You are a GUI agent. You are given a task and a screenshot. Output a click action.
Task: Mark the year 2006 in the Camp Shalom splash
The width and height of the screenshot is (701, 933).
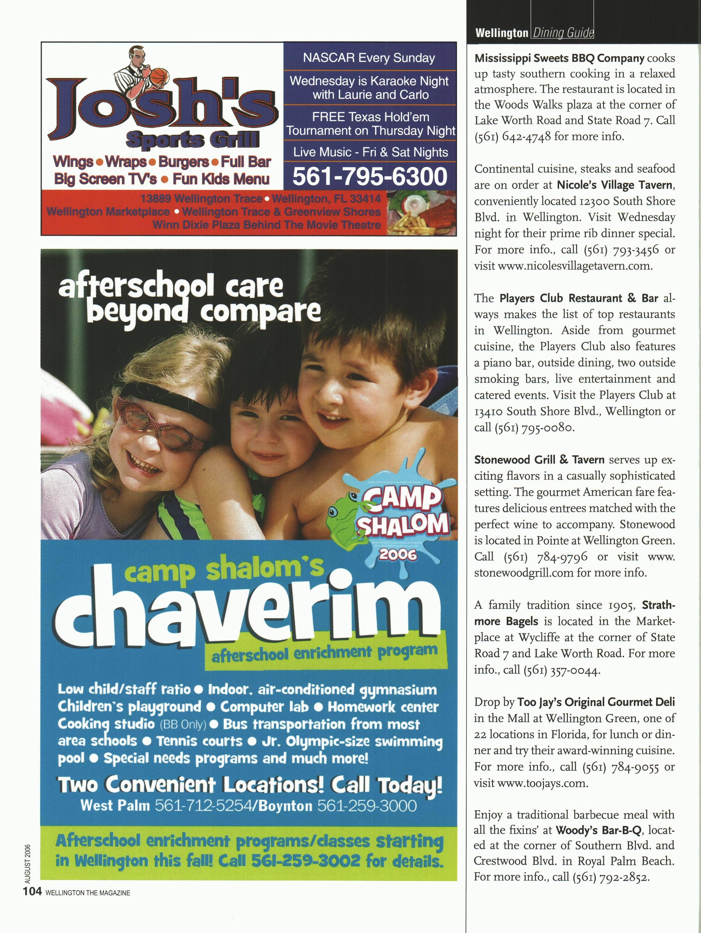[x=398, y=554]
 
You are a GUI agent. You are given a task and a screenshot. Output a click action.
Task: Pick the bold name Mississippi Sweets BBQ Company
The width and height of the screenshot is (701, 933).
[x=559, y=58]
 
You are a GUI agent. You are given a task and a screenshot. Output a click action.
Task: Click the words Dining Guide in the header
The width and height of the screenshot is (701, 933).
[x=563, y=33]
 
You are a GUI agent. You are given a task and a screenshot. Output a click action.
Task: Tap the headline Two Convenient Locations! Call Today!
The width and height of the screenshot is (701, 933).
[x=250, y=785]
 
